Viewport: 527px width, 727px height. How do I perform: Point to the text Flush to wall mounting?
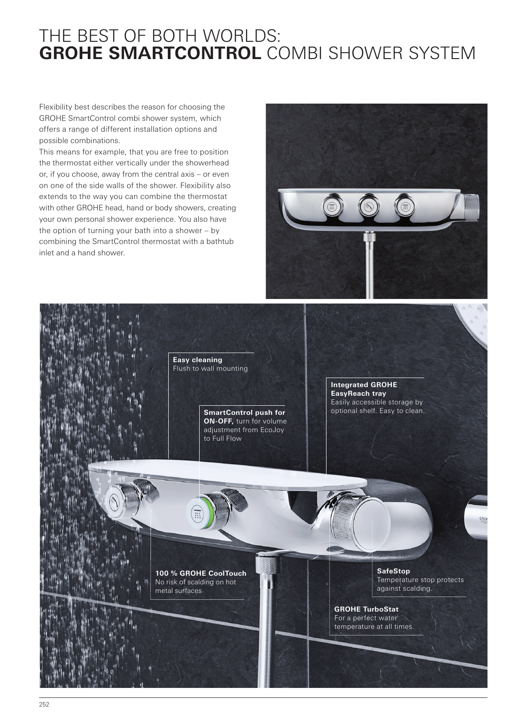click(210, 368)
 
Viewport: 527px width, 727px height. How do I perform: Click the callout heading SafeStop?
click(393, 571)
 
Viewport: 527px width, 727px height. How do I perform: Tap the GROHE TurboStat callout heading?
click(366, 609)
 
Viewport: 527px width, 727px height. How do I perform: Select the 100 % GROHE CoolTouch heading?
click(201, 573)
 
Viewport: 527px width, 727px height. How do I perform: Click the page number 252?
click(44, 705)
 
